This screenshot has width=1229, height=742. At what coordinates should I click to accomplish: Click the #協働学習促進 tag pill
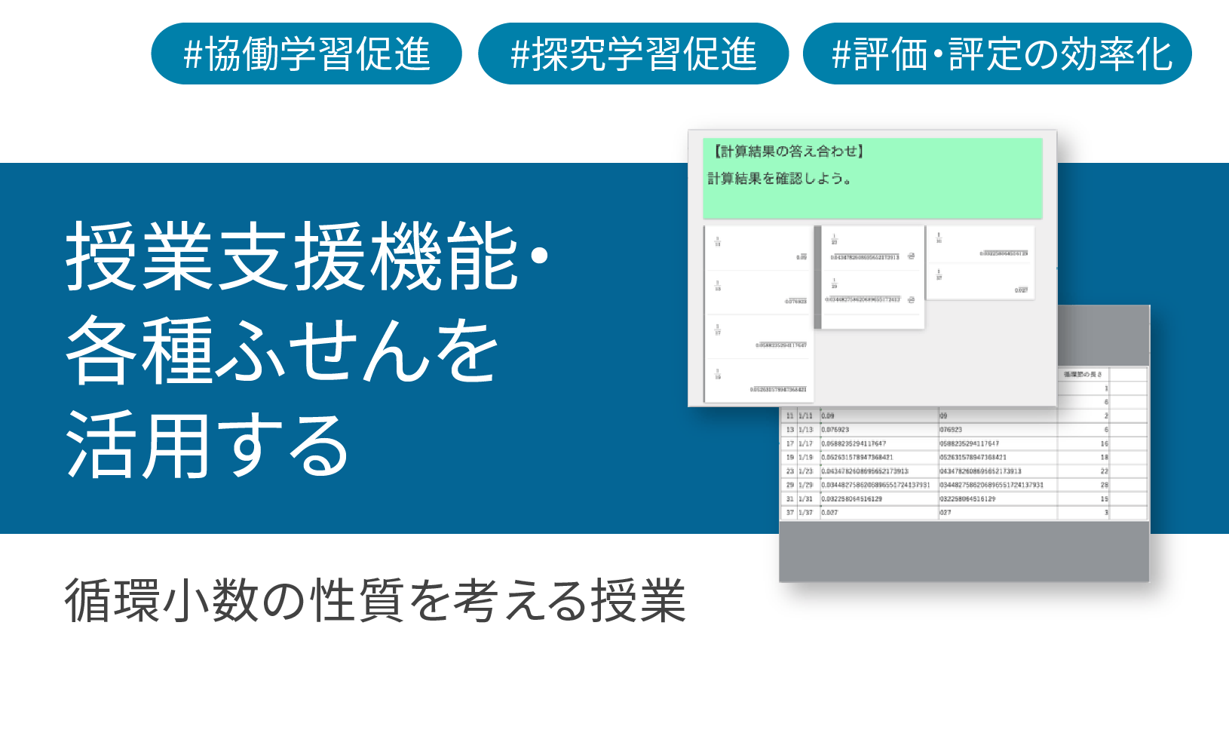click(306, 54)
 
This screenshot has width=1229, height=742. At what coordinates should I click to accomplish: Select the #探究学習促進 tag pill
click(633, 54)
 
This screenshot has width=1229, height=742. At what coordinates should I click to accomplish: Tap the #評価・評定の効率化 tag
click(997, 54)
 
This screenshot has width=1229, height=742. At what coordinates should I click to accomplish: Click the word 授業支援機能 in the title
click(291, 257)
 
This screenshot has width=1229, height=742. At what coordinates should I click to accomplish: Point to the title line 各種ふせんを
click(282, 351)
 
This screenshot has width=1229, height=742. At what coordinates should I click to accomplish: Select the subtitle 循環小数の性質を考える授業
click(375, 601)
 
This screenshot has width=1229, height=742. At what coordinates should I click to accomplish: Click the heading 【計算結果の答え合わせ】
click(787, 152)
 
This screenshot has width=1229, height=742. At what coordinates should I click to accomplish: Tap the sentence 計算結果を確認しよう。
click(779, 179)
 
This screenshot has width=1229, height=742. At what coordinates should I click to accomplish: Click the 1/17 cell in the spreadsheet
click(806, 444)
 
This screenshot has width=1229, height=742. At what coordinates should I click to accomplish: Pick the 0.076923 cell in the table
click(835, 430)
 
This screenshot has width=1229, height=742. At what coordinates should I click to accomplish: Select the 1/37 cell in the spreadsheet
click(806, 513)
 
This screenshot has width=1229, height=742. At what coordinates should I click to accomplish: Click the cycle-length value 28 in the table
click(1104, 486)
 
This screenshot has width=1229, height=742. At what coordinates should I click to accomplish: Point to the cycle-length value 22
click(1104, 471)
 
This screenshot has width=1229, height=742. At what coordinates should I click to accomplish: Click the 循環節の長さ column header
click(1083, 374)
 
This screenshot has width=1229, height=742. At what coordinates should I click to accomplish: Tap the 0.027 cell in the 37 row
click(829, 513)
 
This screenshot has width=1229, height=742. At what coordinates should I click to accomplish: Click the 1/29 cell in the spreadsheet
click(806, 486)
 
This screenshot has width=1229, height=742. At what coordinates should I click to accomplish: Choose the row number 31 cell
click(789, 499)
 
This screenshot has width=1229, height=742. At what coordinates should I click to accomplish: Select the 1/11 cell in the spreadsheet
click(806, 416)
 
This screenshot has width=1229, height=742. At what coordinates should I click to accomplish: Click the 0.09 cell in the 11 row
click(828, 416)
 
